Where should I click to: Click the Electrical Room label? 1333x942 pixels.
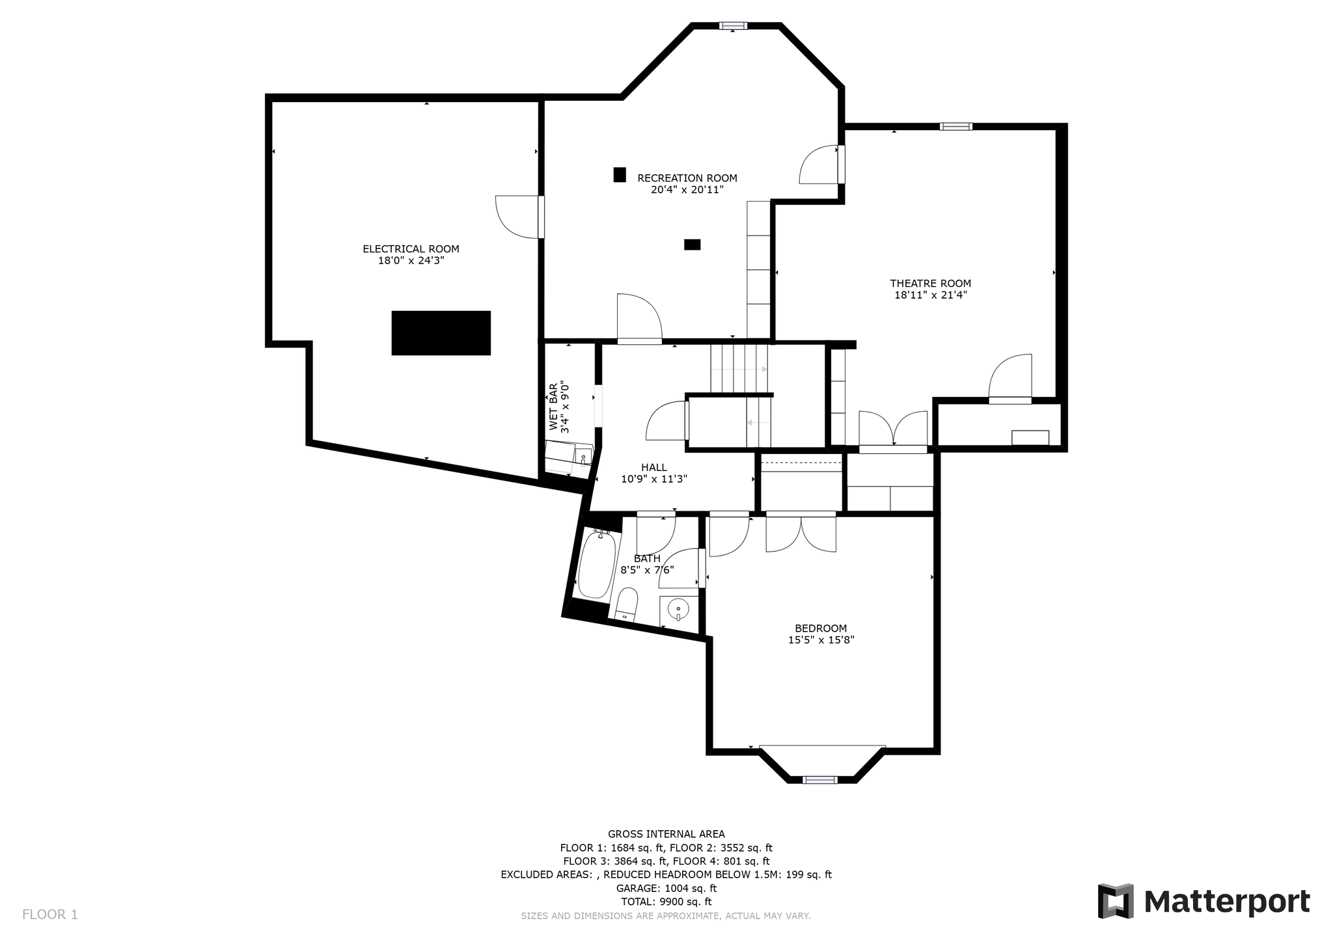coord(411,249)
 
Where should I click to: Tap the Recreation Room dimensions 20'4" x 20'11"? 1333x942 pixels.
coord(687,190)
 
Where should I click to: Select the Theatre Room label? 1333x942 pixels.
coord(930,284)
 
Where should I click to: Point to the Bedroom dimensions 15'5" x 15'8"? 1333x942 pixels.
coord(821,639)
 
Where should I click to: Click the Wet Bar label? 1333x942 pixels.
coord(553,407)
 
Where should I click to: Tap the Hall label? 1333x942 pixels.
coord(653,467)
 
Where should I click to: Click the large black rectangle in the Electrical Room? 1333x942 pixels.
coord(441,333)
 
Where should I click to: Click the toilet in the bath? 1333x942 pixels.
coord(627,604)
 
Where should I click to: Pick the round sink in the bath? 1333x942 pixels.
coord(678,609)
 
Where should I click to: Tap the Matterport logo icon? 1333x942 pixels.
coord(1116,901)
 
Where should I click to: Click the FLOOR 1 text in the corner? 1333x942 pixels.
coord(50,915)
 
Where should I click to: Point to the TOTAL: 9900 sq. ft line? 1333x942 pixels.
coord(666,902)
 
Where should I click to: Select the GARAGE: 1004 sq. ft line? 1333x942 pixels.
coord(666,888)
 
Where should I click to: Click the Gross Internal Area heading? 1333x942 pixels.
coord(666,834)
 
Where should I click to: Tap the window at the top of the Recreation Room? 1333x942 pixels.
coord(733,26)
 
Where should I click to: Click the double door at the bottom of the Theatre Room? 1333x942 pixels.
coord(893,429)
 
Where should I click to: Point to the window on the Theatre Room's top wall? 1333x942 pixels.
coord(956,127)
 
